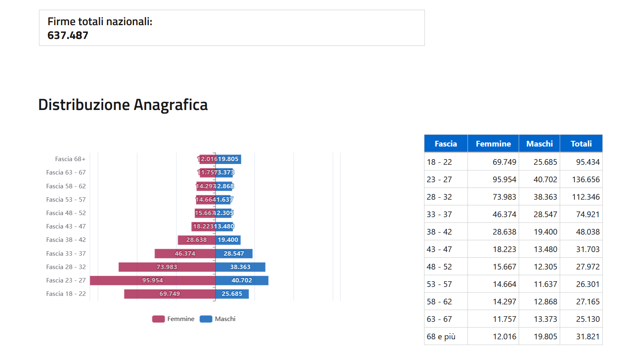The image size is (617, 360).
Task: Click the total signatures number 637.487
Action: tap(68, 35)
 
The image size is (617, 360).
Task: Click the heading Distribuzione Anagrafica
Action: tap(123, 105)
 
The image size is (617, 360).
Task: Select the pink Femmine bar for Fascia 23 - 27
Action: tap(152, 280)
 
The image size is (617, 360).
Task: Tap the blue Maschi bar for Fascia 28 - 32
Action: tap(240, 267)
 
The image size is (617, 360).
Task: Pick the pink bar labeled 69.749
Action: tap(169, 294)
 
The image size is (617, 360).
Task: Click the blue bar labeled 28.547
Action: tap(234, 254)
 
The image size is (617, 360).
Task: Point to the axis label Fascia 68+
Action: tap(70, 159)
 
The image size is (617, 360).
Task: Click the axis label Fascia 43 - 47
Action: tap(66, 226)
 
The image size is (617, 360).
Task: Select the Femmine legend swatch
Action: tap(158, 319)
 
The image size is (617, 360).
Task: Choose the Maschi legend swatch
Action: tap(206, 319)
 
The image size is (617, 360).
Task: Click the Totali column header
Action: tap(581, 144)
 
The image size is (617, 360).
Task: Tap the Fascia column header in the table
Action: tap(446, 144)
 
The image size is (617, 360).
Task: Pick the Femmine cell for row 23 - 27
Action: tap(504, 179)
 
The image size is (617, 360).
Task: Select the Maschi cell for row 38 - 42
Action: tap(545, 232)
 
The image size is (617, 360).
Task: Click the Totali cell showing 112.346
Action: tap(586, 197)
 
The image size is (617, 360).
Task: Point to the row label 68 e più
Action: tap(441, 336)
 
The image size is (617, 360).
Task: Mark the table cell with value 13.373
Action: tap(545, 319)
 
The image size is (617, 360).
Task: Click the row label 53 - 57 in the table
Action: tap(439, 284)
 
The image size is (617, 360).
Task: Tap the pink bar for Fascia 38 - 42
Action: tap(196, 240)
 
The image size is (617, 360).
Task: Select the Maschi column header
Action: tap(539, 144)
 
